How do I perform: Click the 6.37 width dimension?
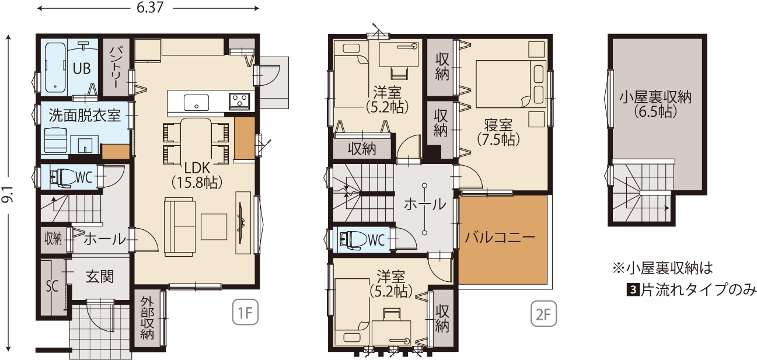pos(150,8)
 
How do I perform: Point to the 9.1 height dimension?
pos(8,194)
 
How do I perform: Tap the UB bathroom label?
pos(82,69)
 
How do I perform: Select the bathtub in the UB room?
pos(55,68)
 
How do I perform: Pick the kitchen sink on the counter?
pos(196,102)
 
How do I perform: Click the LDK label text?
pos(197,167)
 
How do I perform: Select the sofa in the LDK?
pos(180,226)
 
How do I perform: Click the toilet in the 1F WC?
pos(63,176)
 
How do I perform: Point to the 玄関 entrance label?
pos(100,277)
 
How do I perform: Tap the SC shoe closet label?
pos(52,286)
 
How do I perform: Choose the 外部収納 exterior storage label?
pos(147,318)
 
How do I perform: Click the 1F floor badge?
pos(245,312)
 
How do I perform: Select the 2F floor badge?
pos(543,314)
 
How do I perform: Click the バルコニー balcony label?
pos(500,237)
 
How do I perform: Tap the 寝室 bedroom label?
pos(498,125)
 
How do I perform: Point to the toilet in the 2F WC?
pos(353,240)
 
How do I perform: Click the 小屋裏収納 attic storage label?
pos(655,97)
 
